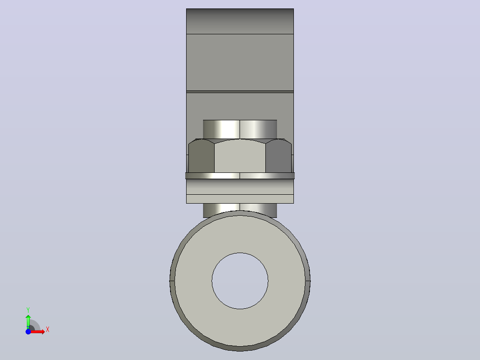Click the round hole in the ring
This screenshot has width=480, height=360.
click(240, 281)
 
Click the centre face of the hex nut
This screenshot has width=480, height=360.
click(240, 156)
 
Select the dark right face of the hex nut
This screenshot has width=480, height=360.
click(279, 156)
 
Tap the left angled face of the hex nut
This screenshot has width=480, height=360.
click(201, 156)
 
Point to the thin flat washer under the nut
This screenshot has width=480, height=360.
click(240, 176)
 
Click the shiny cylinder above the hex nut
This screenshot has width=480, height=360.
click(240, 129)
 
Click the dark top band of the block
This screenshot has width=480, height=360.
click(240, 21)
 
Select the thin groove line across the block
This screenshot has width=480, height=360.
click(240, 92)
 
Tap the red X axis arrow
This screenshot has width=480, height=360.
click(37, 332)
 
